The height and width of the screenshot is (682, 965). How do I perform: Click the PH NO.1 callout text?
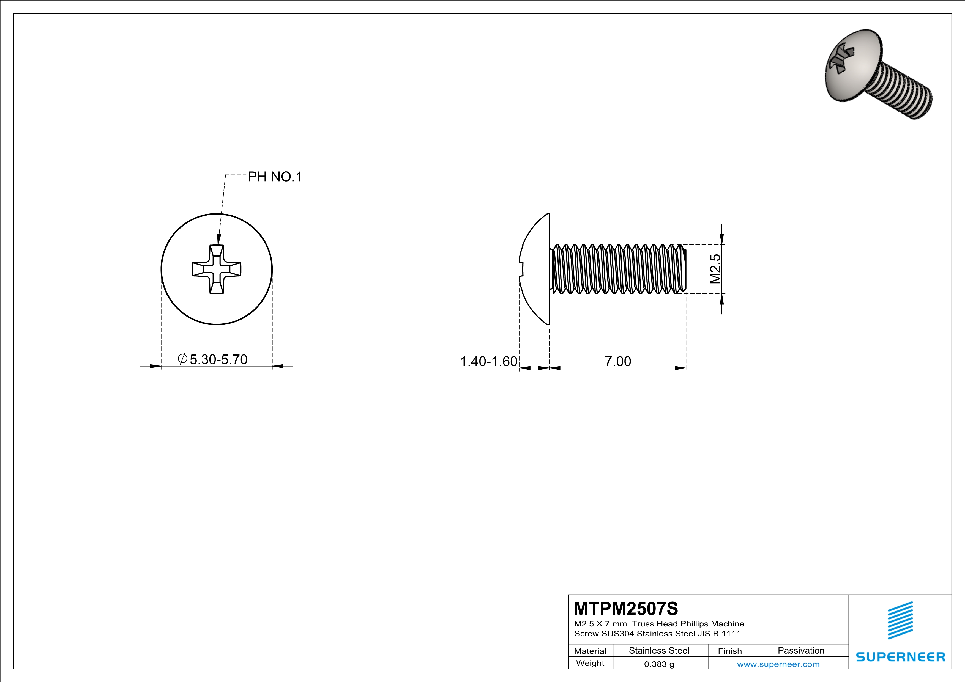pos(275,177)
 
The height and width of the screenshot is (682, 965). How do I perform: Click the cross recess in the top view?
pos(217,269)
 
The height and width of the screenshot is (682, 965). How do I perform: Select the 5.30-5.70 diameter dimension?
pos(218,359)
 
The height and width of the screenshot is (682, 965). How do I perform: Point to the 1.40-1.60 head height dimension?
pos(488,361)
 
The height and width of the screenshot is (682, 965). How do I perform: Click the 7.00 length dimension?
pos(617,361)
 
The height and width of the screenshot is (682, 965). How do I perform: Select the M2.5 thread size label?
pos(715,269)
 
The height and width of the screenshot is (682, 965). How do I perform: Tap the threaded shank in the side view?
pos(618,269)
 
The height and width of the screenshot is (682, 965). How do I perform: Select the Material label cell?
pos(590,651)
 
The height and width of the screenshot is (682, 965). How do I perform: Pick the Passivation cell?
pos(801,650)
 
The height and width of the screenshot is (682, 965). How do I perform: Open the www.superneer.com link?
pos(778,664)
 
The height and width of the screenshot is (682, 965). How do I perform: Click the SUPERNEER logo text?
pos(900,657)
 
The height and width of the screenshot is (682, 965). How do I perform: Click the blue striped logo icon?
pos(900,620)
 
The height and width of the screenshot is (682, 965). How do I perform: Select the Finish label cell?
pos(730,651)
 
